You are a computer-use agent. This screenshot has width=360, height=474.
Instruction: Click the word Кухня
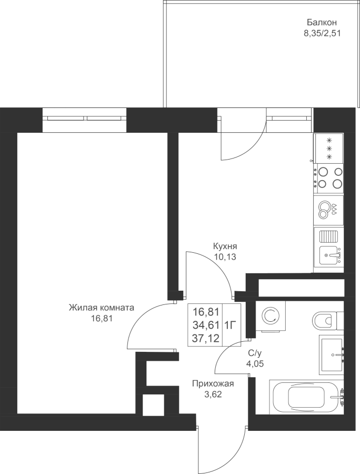[225, 246]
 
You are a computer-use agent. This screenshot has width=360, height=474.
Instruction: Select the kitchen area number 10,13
[225, 257]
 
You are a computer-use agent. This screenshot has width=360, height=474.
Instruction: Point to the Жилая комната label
[102, 308]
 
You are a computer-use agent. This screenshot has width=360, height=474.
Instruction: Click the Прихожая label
[213, 384]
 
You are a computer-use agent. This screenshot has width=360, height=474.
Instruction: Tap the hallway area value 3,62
[213, 394]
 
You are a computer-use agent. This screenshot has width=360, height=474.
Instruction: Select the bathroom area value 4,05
[255, 363]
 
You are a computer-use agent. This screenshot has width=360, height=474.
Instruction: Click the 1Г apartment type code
[230, 325]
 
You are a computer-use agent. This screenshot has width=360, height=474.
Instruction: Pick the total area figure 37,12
[206, 338]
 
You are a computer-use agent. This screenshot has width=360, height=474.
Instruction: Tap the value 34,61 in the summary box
[206, 325]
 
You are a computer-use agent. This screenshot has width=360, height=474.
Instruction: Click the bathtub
[306, 397]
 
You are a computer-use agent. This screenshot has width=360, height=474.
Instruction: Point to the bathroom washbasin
[332, 354]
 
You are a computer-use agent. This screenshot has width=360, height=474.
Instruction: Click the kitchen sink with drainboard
[328, 246]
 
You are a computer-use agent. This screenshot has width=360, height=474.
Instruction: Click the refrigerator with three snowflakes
[328, 148]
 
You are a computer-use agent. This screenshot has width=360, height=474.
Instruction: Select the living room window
[84, 120]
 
